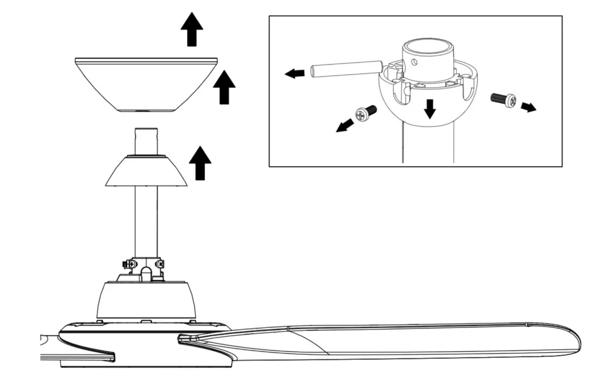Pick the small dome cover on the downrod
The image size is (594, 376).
(x=146, y=172)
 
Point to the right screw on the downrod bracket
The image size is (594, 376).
(x=160, y=264)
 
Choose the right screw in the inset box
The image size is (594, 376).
(x=503, y=99)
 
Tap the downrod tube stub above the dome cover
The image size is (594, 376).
(x=146, y=141)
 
